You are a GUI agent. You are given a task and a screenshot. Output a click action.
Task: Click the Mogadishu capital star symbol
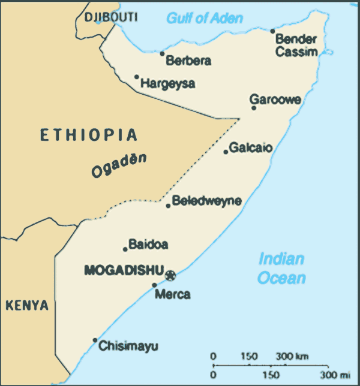pos(171,275)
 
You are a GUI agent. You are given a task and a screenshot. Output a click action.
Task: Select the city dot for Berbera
pos(162,54)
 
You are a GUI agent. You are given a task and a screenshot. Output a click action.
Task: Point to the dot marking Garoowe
pos(254,108)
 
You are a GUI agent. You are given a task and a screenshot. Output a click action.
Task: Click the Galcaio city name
pos(251,147)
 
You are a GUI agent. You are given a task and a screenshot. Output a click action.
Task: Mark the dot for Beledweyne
pos(168,206)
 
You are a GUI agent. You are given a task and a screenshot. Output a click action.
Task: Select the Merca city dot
pos(154,285)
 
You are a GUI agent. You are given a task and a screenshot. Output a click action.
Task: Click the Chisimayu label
pos(128,346)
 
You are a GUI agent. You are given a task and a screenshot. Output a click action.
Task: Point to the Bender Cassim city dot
pos(272,31)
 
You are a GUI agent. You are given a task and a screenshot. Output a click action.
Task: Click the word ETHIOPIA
pos(89,135)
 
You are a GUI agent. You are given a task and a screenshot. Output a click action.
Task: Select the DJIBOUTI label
pos(111,17)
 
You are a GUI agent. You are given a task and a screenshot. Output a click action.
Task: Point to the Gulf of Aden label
pos(205,18)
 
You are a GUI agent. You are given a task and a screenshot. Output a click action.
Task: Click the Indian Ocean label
pos(281,269)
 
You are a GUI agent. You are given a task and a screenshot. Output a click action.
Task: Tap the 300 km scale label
pos(292,357)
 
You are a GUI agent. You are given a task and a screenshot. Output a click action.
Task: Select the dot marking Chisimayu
pos(95,340)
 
